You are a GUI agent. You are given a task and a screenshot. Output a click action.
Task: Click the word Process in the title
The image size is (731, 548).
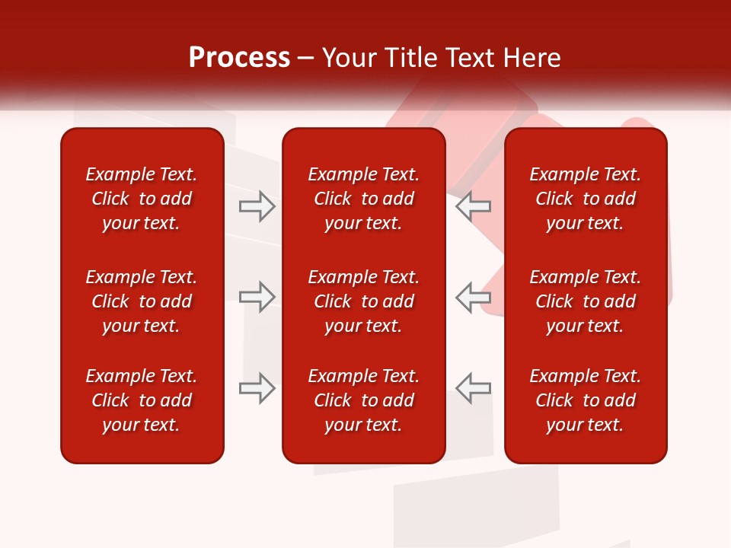coord(239,58)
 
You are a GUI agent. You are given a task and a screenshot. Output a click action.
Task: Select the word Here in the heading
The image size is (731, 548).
coord(533,58)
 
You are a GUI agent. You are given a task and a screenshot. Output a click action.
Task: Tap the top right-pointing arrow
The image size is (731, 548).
coord(257,206)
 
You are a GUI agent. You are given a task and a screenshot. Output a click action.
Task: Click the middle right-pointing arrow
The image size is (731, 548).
coord(257,297)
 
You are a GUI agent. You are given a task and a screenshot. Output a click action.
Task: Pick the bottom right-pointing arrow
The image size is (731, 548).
coord(257,387)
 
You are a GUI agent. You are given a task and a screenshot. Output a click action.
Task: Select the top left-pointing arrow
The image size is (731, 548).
coord(473,206)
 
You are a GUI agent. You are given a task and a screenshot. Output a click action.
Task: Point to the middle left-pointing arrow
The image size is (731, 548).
coord(473,297)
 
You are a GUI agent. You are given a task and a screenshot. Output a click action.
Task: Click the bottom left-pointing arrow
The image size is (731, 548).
coord(473,387)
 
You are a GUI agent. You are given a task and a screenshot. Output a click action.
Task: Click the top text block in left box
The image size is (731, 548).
coord(142,199)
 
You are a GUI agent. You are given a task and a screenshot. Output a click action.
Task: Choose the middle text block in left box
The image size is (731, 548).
coord(142,301)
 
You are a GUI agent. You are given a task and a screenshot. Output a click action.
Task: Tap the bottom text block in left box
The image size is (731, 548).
coord(142,400)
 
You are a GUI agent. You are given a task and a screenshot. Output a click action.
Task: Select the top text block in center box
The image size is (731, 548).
coord(363,199)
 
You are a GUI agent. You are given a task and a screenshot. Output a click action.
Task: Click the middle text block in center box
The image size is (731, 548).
coord(363,301)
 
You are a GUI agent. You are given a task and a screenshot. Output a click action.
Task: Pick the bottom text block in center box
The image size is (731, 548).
coord(363,400)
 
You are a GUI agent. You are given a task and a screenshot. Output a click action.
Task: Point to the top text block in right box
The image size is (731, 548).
coord(585,199)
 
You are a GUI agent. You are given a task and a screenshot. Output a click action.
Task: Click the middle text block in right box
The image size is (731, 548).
coord(585,301)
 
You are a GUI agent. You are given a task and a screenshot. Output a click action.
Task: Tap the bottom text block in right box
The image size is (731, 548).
coord(585,400)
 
